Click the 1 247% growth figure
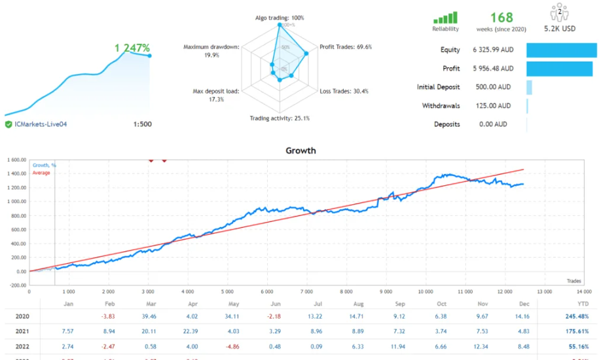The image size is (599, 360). (x=132, y=48)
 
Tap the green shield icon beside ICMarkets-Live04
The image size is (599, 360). (x=9, y=124)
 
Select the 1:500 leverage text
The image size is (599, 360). (x=142, y=124)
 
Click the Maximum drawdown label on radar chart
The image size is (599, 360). (x=211, y=47)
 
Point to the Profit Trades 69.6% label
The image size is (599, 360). (x=346, y=47)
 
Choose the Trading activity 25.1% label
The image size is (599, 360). (x=280, y=118)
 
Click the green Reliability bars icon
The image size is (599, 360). (x=445, y=18)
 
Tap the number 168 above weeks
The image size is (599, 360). (x=501, y=17)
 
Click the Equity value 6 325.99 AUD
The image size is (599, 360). (x=493, y=50)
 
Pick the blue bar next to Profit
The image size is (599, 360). (x=558, y=69)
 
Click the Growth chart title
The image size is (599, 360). (x=300, y=151)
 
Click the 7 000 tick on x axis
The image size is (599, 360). (x=306, y=292)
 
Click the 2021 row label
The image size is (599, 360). (x=22, y=332)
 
